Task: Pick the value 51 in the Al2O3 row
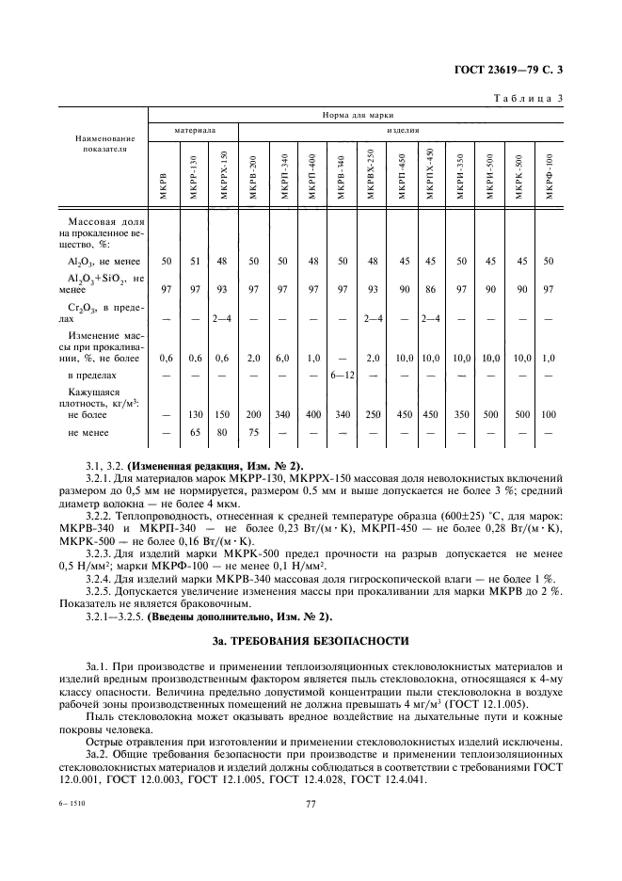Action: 194,260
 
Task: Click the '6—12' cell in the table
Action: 341,376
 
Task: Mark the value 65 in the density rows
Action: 194,433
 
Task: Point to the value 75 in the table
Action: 252,433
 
